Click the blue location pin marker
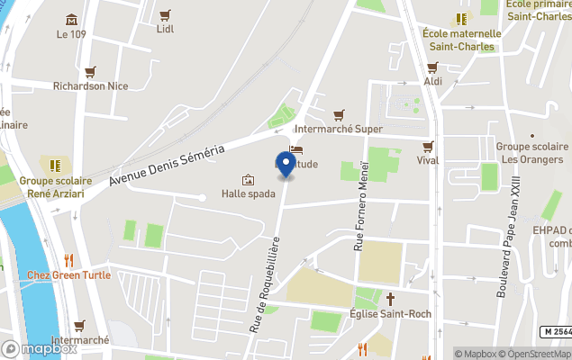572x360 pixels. [286, 164]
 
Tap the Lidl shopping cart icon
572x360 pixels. [165, 15]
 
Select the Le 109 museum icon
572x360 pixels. [72, 20]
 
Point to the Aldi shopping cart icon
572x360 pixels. [432, 67]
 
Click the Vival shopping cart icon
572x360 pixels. [428, 146]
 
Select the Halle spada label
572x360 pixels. [248, 193]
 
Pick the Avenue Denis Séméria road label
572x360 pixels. [167, 167]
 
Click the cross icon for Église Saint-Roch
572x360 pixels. [391, 298]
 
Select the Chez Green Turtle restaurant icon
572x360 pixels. [68, 260]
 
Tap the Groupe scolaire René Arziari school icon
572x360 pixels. [55, 166]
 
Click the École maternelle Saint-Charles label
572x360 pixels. [460, 40]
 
